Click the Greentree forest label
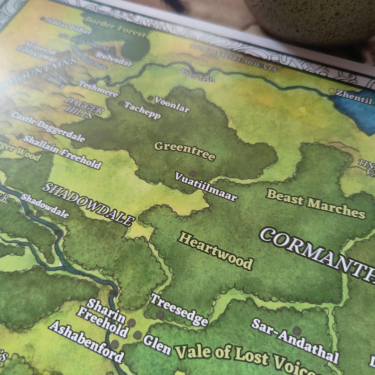(185, 151)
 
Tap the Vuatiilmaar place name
(206, 187)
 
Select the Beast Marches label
(315, 204)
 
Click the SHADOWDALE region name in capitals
(88, 204)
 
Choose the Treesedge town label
(179, 309)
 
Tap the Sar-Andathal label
(295, 340)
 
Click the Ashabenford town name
(85, 341)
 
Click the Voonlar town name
(172, 105)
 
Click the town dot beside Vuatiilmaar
(192, 173)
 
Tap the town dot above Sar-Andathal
(297, 330)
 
